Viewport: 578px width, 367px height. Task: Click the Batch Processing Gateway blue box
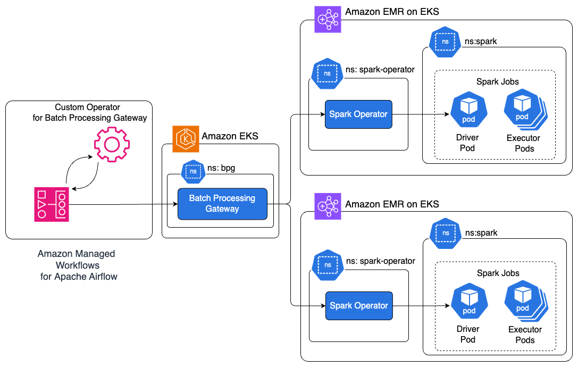(x=222, y=204)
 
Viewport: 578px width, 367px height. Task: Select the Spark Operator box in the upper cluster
(x=358, y=114)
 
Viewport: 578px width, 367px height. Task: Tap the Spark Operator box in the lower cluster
(x=358, y=305)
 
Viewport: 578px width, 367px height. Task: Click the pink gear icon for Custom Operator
(x=112, y=144)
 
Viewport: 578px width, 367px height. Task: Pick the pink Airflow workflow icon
(x=52, y=204)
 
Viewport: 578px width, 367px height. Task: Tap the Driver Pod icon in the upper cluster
(x=468, y=111)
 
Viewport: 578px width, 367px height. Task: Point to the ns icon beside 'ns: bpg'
(x=194, y=171)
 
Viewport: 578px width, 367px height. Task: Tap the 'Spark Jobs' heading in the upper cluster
(x=498, y=82)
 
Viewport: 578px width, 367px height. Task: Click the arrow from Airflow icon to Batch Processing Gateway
(x=122, y=204)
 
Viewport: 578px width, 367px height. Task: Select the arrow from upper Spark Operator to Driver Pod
(x=420, y=114)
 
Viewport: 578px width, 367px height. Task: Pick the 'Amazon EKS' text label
(x=230, y=136)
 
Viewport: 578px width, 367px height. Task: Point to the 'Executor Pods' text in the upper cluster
(x=524, y=143)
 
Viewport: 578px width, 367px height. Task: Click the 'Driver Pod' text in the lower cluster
(x=468, y=334)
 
